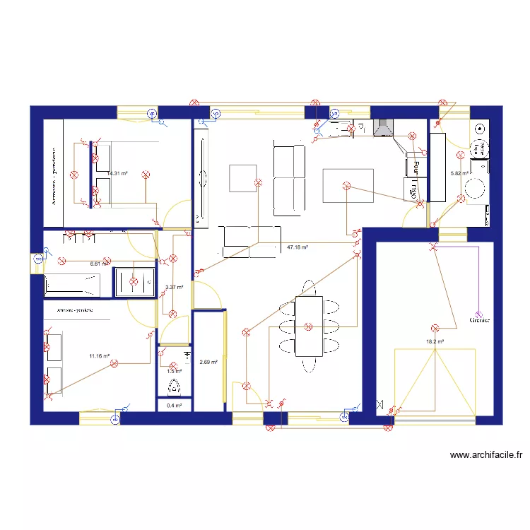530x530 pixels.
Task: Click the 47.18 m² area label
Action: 298,247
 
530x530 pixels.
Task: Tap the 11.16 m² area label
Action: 99,356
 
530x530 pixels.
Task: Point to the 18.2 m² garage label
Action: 435,341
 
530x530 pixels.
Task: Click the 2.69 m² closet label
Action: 209,363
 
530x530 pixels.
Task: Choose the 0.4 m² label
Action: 174,406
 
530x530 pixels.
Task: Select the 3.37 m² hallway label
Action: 174,287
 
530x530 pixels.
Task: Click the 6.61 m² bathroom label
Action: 100,264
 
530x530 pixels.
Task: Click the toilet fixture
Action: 174,387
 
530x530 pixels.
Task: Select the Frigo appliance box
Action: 412,189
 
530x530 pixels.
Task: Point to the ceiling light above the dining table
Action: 308,326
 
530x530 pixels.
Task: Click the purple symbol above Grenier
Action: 478,313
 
